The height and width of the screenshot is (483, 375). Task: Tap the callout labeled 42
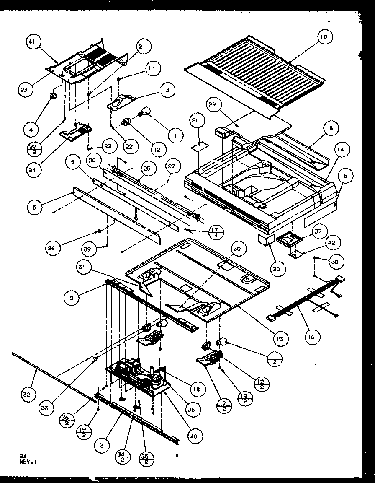[x=334, y=242]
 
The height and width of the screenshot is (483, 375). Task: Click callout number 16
[x=312, y=336]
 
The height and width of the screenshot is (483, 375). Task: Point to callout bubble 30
[x=237, y=249]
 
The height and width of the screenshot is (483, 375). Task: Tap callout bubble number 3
[x=102, y=446]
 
